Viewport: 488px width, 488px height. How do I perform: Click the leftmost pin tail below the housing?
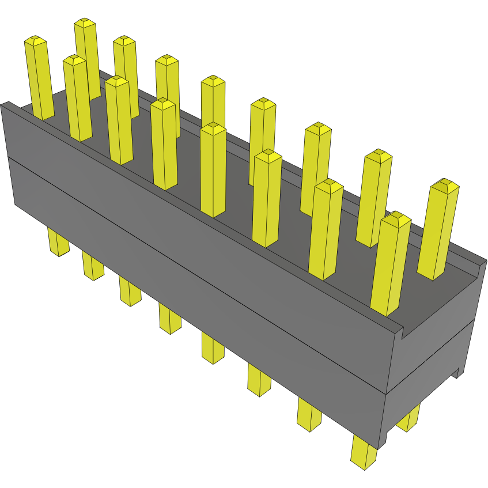pos(58,241)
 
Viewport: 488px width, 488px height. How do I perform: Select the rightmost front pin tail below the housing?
pos(364,453)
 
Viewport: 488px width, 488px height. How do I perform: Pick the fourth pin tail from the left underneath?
pos(169,319)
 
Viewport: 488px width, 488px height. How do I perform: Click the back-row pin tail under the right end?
pos(408,419)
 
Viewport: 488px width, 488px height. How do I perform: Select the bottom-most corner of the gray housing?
pos(378,448)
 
